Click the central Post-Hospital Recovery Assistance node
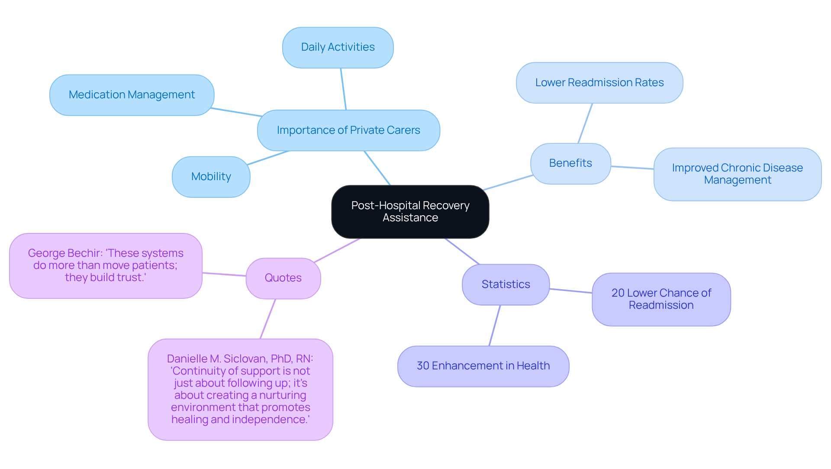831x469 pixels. click(x=410, y=212)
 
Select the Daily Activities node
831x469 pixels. click(x=338, y=48)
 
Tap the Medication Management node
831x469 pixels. click(x=132, y=95)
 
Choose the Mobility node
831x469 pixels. click(x=211, y=177)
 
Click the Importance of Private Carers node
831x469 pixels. click(x=348, y=130)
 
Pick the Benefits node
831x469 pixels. click(x=570, y=163)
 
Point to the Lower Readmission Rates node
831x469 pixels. click(x=599, y=83)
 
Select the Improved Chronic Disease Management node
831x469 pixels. click(x=737, y=174)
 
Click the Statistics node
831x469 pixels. click(x=506, y=285)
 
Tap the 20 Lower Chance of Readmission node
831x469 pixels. click(x=661, y=299)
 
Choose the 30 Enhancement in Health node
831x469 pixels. click(x=483, y=366)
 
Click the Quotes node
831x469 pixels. click(x=283, y=278)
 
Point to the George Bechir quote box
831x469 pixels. click(x=106, y=265)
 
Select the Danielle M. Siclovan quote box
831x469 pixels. click(x=240, y=389)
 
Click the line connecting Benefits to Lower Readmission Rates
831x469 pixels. click(x=585, y=123)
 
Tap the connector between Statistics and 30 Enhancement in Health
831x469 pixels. click(x=495, y=325)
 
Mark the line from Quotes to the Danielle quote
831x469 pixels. click(x=268, y=319)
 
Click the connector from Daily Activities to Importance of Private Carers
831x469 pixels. click(x=343, y=89)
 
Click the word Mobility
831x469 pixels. click(x=211, y=177)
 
